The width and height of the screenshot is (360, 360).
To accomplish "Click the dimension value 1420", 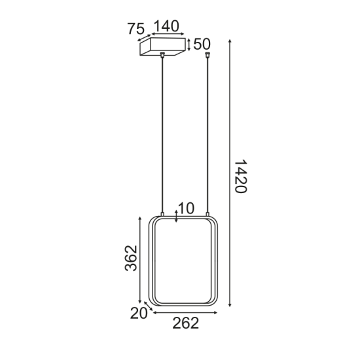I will pos(240,175).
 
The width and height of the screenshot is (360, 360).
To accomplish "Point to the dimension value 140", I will pos(166,26).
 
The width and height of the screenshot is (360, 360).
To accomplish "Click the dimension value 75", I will pos(135,29).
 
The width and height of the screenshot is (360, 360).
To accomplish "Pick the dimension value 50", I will pos(202,45).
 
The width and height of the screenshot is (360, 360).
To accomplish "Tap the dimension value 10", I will pos(186,208).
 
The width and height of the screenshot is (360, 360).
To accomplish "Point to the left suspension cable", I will pos(161,131).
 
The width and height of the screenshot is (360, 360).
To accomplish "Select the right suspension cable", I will pos(207,131).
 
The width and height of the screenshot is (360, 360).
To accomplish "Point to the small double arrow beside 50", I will pos(189,45).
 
